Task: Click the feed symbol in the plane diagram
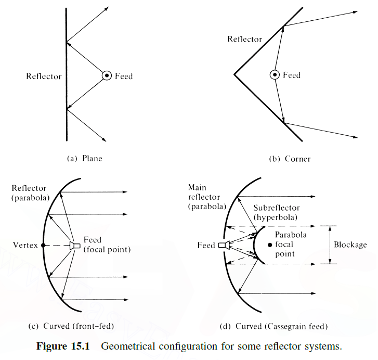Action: pos(106,76)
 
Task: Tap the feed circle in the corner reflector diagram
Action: pos(274,75)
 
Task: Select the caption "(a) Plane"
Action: pos(85,159)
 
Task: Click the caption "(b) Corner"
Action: pos(292,159)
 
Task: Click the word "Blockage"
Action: pos(350,245)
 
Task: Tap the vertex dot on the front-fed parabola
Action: pos(44,245)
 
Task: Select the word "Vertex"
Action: pos(27,245)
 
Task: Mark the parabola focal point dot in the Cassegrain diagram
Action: pos(269,245)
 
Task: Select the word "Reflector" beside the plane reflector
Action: pos(44,76)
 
